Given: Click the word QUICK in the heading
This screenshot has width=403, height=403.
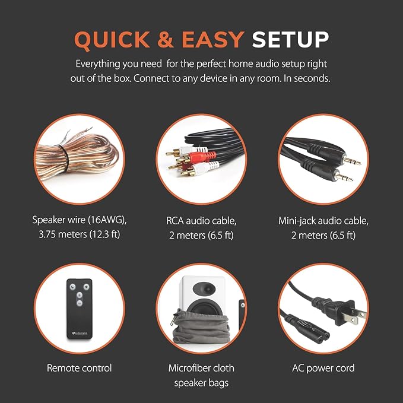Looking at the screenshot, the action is (112, 40).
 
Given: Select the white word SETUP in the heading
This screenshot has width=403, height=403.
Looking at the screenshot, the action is (290, 39).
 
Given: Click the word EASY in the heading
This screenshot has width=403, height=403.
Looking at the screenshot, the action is (213, 39).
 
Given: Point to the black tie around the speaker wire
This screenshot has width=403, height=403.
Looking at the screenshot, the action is (64, 158).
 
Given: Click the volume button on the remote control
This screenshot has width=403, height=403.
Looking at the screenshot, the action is (87, 287).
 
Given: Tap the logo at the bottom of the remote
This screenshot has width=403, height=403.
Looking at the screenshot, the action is (80, 334).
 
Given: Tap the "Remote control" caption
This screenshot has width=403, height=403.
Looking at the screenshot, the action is (79, 368).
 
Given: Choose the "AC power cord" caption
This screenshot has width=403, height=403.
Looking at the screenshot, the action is (323, 368).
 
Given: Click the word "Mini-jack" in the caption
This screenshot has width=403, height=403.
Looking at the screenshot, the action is (298, 221).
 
